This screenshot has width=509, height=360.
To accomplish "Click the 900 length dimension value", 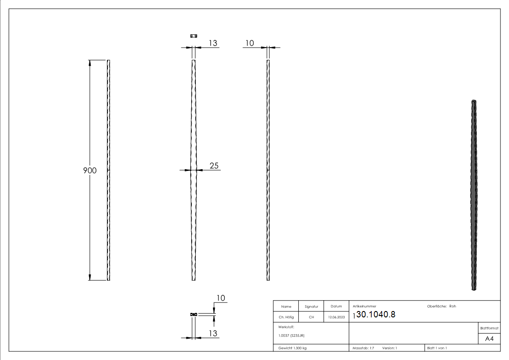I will pos(90,170).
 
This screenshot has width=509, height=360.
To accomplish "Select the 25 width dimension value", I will pos(214,165).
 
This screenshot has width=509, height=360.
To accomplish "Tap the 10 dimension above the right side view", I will pos(249,43).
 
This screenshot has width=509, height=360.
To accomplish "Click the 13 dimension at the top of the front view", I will pos(213,43).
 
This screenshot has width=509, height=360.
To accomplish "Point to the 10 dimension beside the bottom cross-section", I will pos(221,298).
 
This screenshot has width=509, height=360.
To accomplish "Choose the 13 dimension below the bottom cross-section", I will pos(213,333).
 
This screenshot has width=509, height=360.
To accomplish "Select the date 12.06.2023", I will pos(336,317).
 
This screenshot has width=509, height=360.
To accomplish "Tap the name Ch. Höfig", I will pos(286,317).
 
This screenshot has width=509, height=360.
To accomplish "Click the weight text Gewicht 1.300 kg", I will pos(292,348).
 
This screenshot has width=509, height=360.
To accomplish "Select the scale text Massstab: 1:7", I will pos(364,348).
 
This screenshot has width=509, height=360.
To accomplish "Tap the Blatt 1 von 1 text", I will pos(437,348).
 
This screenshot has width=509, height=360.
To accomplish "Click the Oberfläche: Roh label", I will pos(441,306).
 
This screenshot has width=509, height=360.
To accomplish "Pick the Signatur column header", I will pos(311,306).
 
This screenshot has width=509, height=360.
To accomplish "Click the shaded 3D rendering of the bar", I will pos(475,195).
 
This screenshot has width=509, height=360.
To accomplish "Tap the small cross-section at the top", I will pos(194,36).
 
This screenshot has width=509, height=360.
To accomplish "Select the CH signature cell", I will pos(311,317).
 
